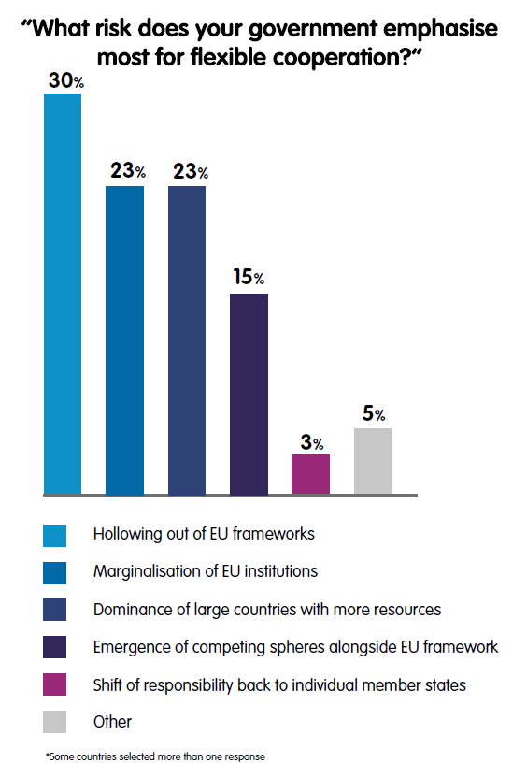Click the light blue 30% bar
[x=63, y=294]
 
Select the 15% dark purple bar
[x=249, y=394]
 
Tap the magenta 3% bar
[x=310, y=474]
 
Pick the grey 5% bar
[x=373, y=461]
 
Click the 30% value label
[x=66, y=80]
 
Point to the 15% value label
[x=249, y=277]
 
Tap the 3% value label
[x=312, y=442]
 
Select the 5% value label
[x=374, y=412]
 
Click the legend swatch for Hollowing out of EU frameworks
[x=54, y=536]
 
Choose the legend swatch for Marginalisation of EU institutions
[x=54, y=573]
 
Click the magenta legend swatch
[x=54, y=684]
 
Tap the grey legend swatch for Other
[x=54, y=722]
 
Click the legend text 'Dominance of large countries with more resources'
[x=267, y=610]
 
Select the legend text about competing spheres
[x=296, y=647]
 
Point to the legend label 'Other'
[x=112, y=722]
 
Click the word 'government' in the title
[x=313, y=30]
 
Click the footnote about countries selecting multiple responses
[x=156, y=756]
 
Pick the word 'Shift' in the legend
[x=107, y=684]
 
